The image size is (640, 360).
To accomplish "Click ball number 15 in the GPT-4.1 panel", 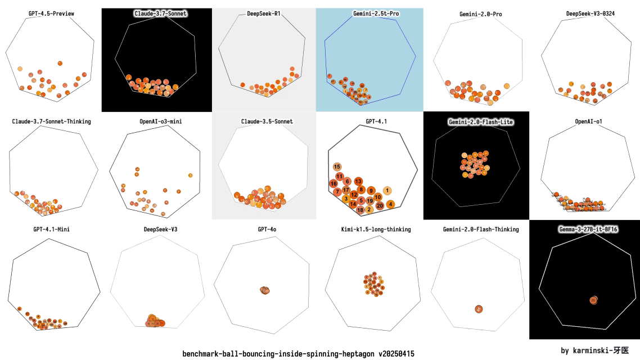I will (337, 166).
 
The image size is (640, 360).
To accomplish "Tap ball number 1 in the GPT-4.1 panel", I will (387, 191).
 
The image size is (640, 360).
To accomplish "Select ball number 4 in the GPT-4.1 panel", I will (390, 204).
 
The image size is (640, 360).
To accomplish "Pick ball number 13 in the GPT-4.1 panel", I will (358, 181).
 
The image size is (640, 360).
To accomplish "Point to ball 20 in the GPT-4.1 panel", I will (380, 205).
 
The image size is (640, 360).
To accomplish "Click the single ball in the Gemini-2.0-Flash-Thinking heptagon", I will (479, 309).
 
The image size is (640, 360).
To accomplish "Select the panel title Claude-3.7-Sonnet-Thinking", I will (51, 121).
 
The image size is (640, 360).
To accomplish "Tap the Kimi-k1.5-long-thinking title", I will (376, 229).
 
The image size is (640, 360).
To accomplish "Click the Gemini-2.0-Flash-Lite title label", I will (481, 121).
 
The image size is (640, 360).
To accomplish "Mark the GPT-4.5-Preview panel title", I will (51, 12).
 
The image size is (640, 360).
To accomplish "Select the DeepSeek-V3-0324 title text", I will (589, 13).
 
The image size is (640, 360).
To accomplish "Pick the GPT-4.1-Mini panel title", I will (51, 229).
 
